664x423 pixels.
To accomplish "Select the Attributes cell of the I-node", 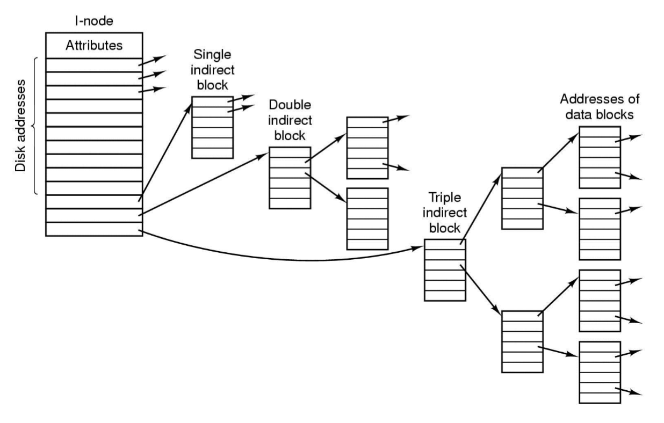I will pyautogui.click(x=93, y=46).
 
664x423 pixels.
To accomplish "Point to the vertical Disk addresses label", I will pyautogui.click(x=20, y=126).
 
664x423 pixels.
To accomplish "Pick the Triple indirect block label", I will pyautogui.click(x=444, y=212).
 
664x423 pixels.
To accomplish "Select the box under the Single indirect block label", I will pyautogui.click(x=212, y=127).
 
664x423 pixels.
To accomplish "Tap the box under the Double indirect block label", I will pyautogui.click(x=290, y=177).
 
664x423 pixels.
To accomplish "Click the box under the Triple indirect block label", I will pyautogui.click(x=444, y=269).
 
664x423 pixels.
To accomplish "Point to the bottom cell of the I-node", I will pyautogui.click(x=93, y=229).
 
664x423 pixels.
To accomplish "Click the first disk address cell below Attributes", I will pyautogui.click(x=93, y=65).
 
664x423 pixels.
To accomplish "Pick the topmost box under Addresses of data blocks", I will pyautogui.click(x=600, y=157).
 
